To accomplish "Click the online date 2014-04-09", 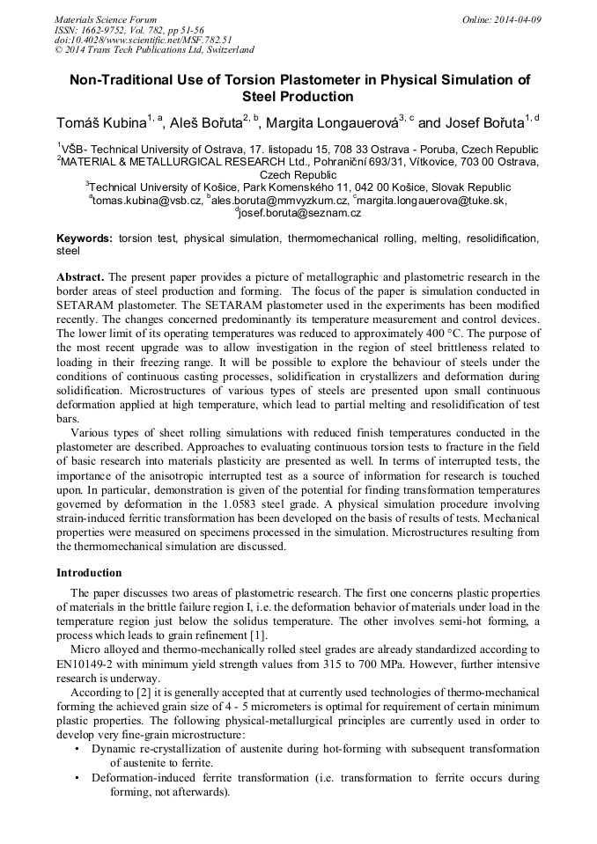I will (x=509, y=19).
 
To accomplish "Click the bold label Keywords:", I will (x=85, y=239).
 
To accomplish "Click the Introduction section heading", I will (x=89, y=573).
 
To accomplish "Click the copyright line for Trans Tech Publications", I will (x=154, y=50).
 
